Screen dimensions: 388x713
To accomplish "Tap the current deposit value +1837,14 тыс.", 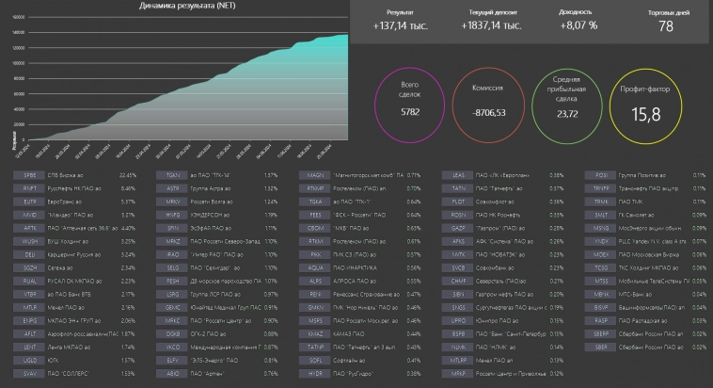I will pos(492,25).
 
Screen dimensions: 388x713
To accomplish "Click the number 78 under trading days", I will pos(666,26).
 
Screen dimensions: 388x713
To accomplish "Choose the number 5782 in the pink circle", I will pos(409,112).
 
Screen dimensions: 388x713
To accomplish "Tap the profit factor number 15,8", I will pos(646,115).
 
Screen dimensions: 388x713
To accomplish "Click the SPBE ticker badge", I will pos(29,175).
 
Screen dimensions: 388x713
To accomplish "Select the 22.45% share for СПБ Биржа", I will pos(128,175).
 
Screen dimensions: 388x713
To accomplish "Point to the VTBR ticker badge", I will pos(29,294).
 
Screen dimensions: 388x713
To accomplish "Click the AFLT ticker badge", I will pos(29,333).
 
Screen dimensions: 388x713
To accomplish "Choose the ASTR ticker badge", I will pos(172,188).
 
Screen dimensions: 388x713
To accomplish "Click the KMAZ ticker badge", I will pos(316,333).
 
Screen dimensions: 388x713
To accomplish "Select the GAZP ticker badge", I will pos(459,228).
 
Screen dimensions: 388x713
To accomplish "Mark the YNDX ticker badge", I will pos(602,241).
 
